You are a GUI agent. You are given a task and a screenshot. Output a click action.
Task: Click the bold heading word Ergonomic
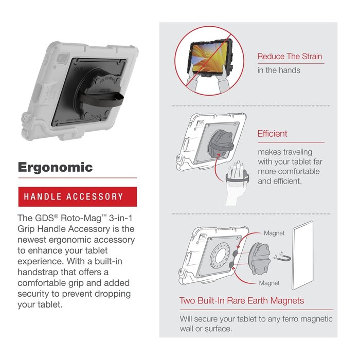click(x=56, y=167)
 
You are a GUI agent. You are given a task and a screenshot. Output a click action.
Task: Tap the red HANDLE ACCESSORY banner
click(x=77, y=196)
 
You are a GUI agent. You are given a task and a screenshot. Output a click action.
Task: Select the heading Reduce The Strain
click(x=291, y=57)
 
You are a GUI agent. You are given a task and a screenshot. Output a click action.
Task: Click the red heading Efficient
click(x=272, y=134)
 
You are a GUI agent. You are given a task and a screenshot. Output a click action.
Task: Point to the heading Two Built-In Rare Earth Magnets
click(x=242, y=301)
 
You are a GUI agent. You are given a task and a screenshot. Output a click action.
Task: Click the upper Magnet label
click(x=274, y=233)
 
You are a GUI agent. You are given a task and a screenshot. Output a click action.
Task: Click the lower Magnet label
click(x=269, y=283)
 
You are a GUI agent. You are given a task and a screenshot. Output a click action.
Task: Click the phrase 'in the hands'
click(x=279, y=70)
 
